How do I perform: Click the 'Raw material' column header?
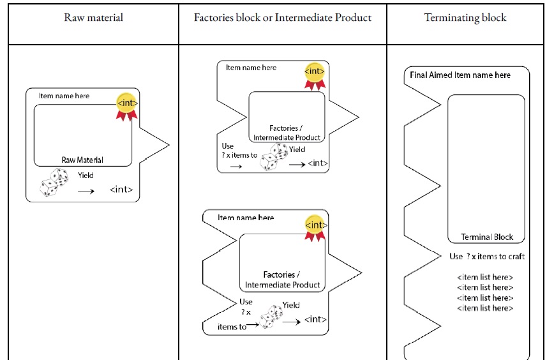click(93, 18)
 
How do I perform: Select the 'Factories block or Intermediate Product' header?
click(283, 18)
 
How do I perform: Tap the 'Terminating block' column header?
click(465, 18)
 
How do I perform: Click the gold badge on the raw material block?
click(127, 104)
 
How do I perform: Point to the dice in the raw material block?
click(54, 182)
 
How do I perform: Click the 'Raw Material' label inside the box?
click(82, 160)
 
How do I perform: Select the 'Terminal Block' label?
click(487, 237)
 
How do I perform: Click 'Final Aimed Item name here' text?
click(460, 75)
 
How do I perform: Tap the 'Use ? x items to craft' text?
click(487, 257)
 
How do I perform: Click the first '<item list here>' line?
click(485, 278)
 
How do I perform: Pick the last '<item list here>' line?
click(485, 308)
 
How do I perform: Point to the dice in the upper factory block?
click(273, 156)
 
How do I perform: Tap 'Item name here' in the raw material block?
click(64, 96)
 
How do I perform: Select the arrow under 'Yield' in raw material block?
click(86, 190)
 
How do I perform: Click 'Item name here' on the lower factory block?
click(246, 218)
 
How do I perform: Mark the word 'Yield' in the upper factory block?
click(297, 150)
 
